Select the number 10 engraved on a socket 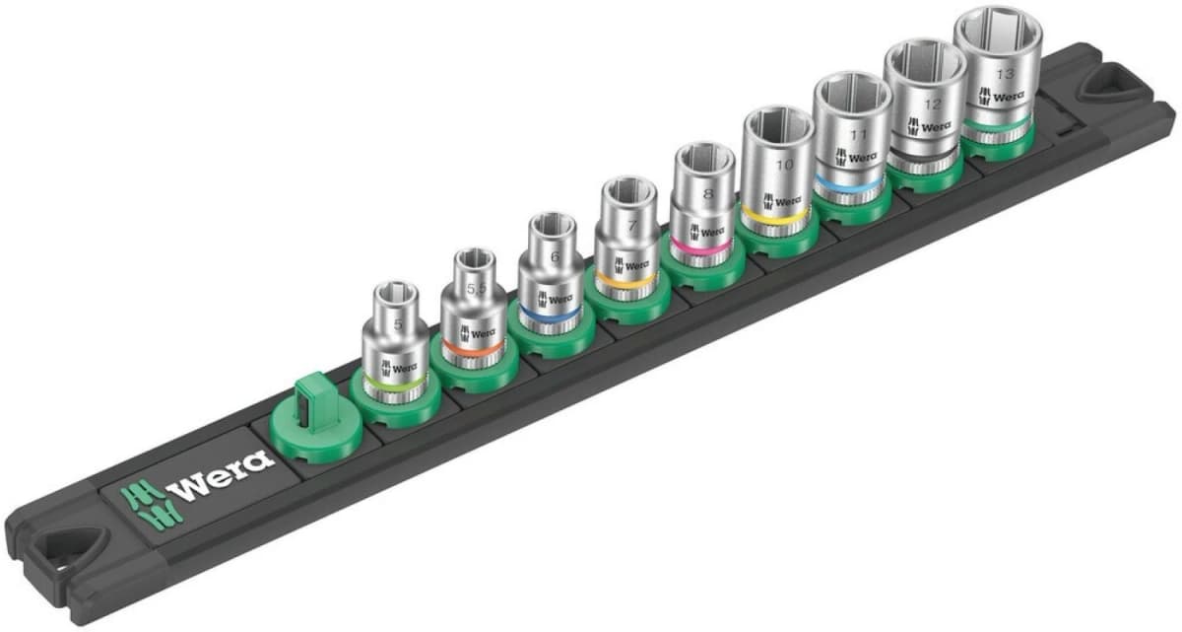pos(784,165)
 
